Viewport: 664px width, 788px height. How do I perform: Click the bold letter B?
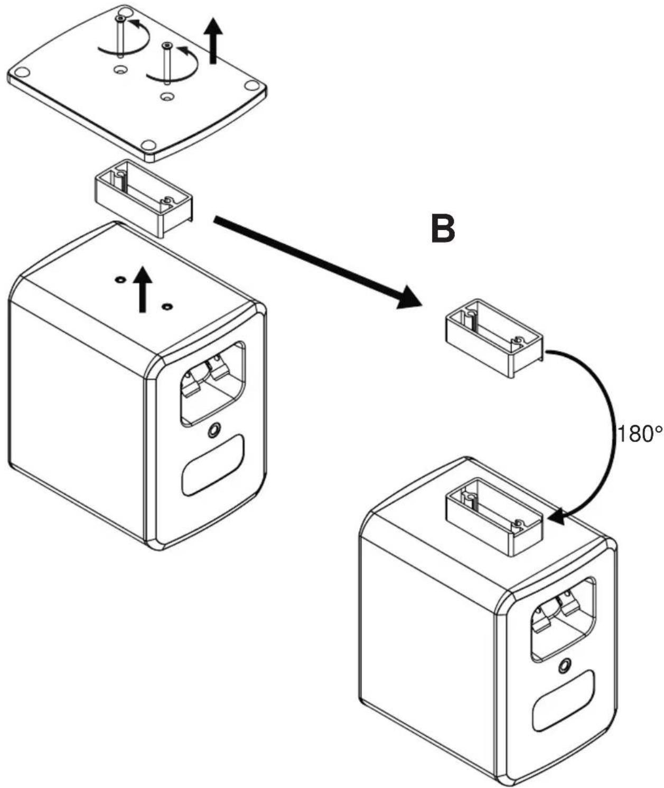[x=443, y=230]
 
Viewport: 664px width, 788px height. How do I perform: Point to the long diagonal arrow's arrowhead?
[x=409, y=298]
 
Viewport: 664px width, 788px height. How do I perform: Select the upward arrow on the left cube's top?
[x=143, y=289]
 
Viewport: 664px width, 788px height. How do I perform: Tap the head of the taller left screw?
[x=120, y=19]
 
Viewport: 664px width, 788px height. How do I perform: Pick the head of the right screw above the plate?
[x=167, y=46]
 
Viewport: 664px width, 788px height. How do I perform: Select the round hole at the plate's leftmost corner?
[x=22, y=71]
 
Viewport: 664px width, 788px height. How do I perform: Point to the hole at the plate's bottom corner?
[x=148, y=144]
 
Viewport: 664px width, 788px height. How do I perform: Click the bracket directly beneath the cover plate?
[x=143, y=198]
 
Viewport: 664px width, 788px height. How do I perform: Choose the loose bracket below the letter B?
[x=493, y=338]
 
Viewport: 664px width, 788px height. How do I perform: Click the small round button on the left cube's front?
[x=214, y=430]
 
